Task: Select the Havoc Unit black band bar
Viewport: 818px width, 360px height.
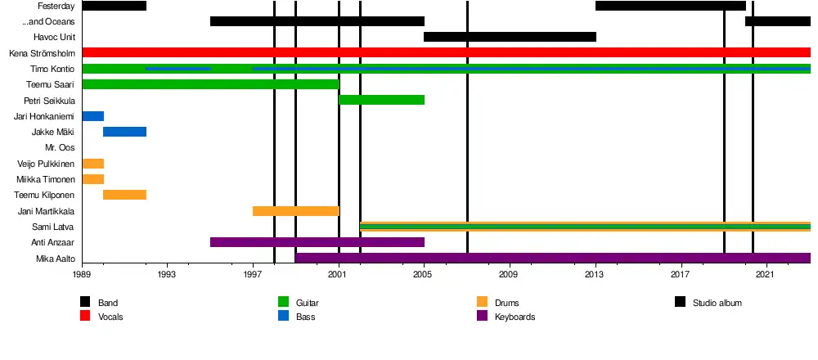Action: [510, 37]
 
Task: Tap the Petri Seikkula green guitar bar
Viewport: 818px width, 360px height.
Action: [381, 100]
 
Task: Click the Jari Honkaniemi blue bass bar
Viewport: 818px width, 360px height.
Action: [92, 116]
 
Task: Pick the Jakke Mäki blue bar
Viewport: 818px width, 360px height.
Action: [124, 132]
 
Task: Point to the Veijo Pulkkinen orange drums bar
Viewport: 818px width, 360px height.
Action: [92, 164]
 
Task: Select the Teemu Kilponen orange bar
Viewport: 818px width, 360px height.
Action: [124, 195]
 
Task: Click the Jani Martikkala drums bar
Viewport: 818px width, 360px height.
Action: [295, 211]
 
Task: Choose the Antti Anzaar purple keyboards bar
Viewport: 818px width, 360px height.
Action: [317, 242]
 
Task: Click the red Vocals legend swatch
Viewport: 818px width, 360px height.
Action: [85, 317]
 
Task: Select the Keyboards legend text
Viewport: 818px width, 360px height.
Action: [515, 317]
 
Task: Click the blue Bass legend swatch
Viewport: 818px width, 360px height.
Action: [284, 317]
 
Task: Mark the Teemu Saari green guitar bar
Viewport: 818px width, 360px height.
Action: [210, 84]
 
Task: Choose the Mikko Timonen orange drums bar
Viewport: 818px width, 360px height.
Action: [92, 179]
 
